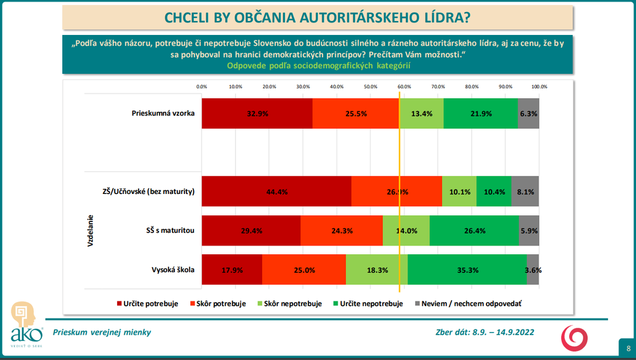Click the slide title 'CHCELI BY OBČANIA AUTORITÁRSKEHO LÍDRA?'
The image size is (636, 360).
pyautogui.click(x=317, y=17)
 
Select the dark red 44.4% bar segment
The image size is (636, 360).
pyautogui.click(x=276, y=191)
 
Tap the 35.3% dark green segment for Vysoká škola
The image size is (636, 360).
pyautogui.click(x=467, y=270)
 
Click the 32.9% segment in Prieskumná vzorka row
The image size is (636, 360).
pyautogui.click(x=257, y=114)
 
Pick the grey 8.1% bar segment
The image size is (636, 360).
pyautogui.click(x=525, y=191)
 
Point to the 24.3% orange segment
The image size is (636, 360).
pyautogui.click(x=342, y=230)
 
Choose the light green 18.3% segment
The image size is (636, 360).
pyautogui.click(x=377, y=270)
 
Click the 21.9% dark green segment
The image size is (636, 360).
pyautogui.click(x=480, y=114)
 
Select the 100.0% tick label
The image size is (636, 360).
pyautogui.click(x=539, y=87)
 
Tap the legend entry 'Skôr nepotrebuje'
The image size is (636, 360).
pyautogui.click(x=291, y=303)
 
